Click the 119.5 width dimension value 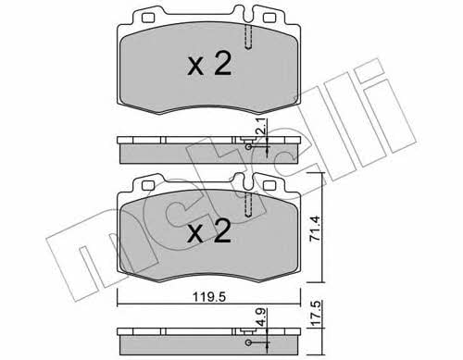[x=209, y=297]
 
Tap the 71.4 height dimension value [x=315, y=229]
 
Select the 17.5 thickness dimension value [x=315, y=314]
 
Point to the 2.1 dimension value [x=261, y=127]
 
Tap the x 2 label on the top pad [x=209, y=64]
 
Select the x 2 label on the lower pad [x=209, y=231]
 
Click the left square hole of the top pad [x=148, y=18]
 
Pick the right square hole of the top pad [x=269, y=18]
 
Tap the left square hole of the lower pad [x=148, y=185]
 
